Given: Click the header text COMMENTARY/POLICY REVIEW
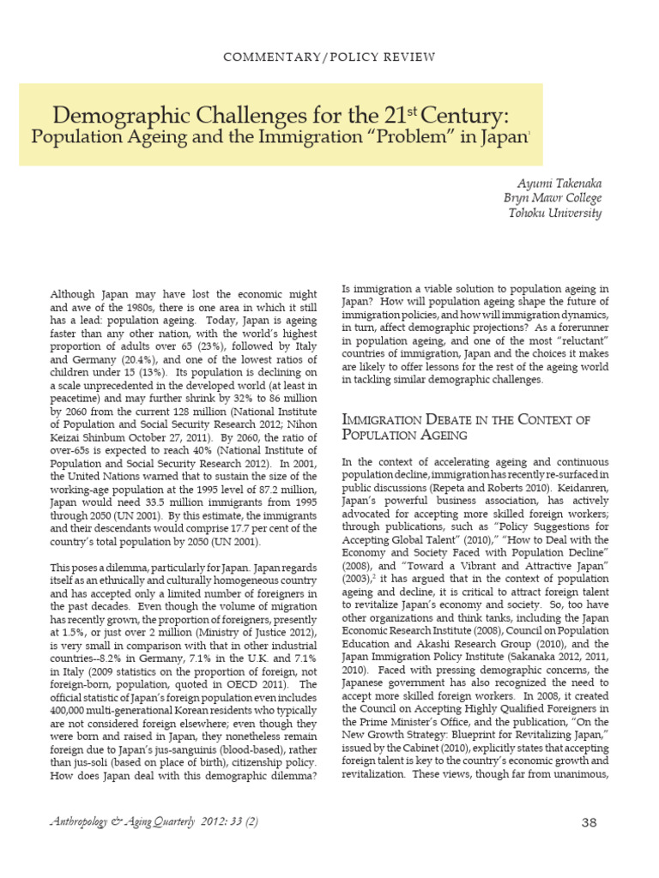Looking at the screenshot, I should tap(329, 57).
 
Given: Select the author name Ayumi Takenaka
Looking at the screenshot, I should tap(559, 184).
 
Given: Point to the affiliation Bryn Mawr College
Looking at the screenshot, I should tap(553, 198).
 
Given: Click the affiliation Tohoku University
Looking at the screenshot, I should tap(555, 213).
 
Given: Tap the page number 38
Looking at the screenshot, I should tap(589, 823).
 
